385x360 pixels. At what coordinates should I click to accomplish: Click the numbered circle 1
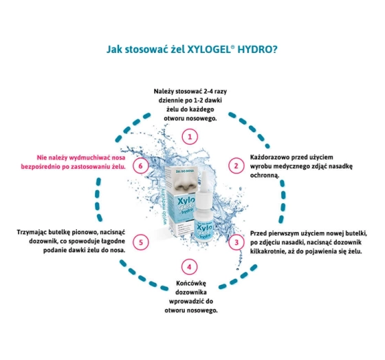(190, 136)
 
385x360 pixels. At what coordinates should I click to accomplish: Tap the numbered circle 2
(236, 166)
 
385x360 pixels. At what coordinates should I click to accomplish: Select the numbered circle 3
(236, 242)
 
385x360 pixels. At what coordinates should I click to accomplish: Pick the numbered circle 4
(189, 267)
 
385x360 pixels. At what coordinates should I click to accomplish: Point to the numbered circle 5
(141, 242)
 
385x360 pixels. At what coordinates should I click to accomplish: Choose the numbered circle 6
(140, 166)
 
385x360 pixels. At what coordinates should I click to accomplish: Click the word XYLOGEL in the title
(208, 49)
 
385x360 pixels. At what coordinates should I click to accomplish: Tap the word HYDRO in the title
(257, 49)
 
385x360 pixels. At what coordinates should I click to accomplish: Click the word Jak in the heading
(114, 49)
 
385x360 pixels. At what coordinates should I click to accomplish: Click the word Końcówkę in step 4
(191, 284)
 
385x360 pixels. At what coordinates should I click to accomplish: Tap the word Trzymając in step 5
(32, 233)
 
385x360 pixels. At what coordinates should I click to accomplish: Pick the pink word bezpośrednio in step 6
(38, 167)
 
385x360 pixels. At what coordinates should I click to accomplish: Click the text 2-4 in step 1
(208, 92)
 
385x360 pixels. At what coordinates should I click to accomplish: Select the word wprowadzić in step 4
(186, 301)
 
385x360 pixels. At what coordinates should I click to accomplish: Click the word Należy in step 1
(163, 92)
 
